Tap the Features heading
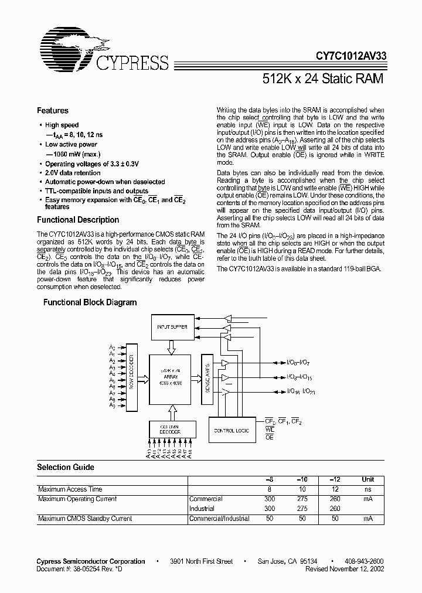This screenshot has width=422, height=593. click(53, 111)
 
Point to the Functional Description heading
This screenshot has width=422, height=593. click(78, 220)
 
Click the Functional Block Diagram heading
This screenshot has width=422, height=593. click(90, 302)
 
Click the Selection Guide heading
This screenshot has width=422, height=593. click(66, 467)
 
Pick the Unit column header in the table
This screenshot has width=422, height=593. click(367, 479)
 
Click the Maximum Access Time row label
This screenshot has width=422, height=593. click(70, 489)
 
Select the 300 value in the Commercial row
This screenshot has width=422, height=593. click(269, 499)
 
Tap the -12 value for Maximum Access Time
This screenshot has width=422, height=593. click(335, 489)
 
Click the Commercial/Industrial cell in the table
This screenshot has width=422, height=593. click(219, 519)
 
